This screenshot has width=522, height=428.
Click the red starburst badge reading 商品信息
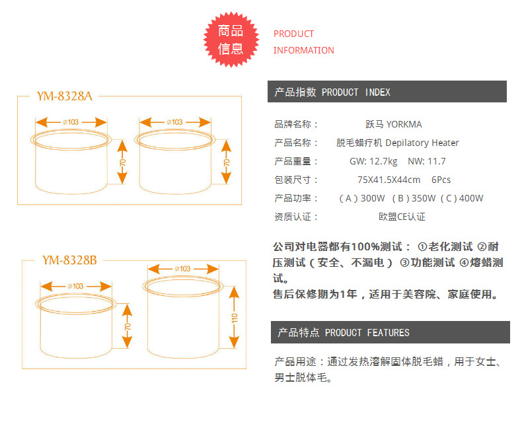pyautogui.click(x=231, y=40)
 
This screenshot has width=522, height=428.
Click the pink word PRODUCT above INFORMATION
pyautogui.click(x=294, y=34)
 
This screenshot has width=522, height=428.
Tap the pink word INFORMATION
pyautogui.click(x=304, y=50)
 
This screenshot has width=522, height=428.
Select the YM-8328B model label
pyautogui.click(x=69, y=260)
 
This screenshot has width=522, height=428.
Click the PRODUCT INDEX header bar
pyautogui.click(x=387, y=92)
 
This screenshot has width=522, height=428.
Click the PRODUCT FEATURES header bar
pyautogui.click(x=390, y=332)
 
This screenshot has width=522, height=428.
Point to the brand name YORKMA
pyautogui.click(x=404, y=124)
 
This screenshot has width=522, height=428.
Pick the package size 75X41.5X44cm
pyautogui.click(x=389, y=180)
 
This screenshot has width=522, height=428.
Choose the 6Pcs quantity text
pyautogui.click(x=441, y=180)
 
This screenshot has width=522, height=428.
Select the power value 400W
pyautogui.click(x=471, y=198)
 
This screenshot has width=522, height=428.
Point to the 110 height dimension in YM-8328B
pyautogui.click(x=234, y=318)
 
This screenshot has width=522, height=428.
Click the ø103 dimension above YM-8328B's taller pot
pyautogui.click(x=182, y=269)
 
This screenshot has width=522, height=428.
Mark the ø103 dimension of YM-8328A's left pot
pyautogui.click(x=71, y=122)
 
